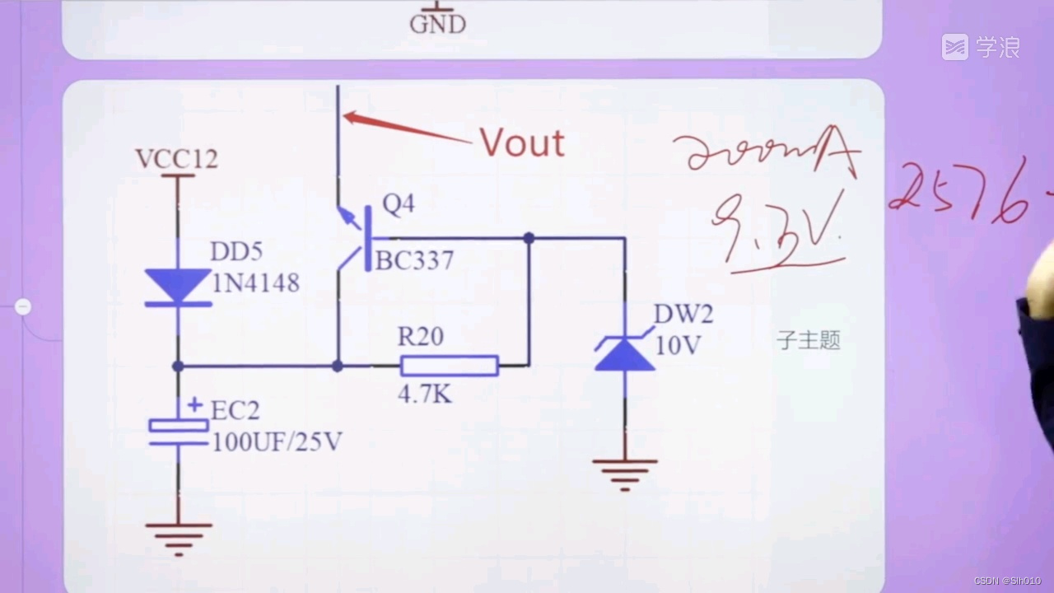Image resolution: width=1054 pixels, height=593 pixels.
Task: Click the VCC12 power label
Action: click(x=177, y=159)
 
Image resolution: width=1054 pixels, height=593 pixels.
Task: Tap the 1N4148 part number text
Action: click(x=255, y=283)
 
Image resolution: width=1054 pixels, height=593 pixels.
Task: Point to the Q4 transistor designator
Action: click(x=399, y=205)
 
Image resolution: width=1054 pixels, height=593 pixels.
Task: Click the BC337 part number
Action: click(x=414, y=261)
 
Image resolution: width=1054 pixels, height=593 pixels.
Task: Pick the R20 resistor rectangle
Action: click(x=450, y=366)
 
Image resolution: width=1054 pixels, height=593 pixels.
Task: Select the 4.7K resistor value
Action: click(x=425, y=395)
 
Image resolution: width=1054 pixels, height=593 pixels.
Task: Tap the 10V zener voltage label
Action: click(x=677, y=345)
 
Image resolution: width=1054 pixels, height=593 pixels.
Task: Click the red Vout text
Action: click(x=522, y=143)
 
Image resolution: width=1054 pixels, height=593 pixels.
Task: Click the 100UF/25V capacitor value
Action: click(x=277, y=442)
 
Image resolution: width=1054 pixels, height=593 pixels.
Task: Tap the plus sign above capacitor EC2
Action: click(x=194, y=404)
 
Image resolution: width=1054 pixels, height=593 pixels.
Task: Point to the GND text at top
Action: click(x=438, y=24)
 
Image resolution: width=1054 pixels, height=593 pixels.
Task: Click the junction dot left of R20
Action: click(x=337, y=366)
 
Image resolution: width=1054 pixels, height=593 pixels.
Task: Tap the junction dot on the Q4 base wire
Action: click(x=529, y=238)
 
